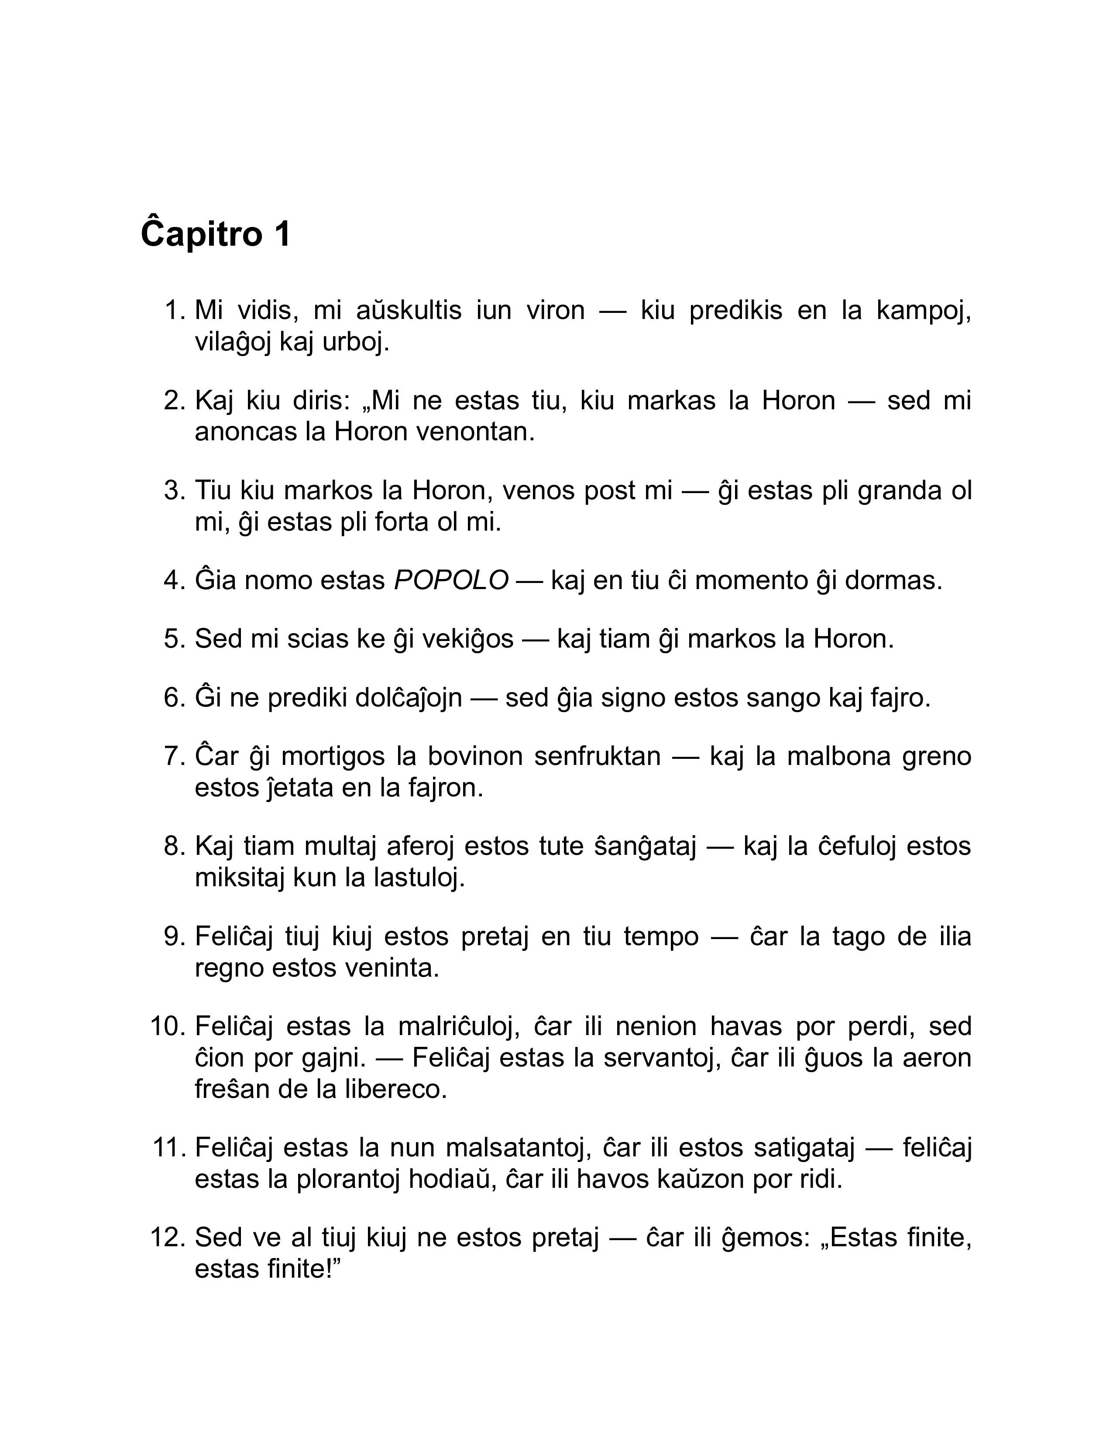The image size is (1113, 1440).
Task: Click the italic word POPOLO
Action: [451, 581]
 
